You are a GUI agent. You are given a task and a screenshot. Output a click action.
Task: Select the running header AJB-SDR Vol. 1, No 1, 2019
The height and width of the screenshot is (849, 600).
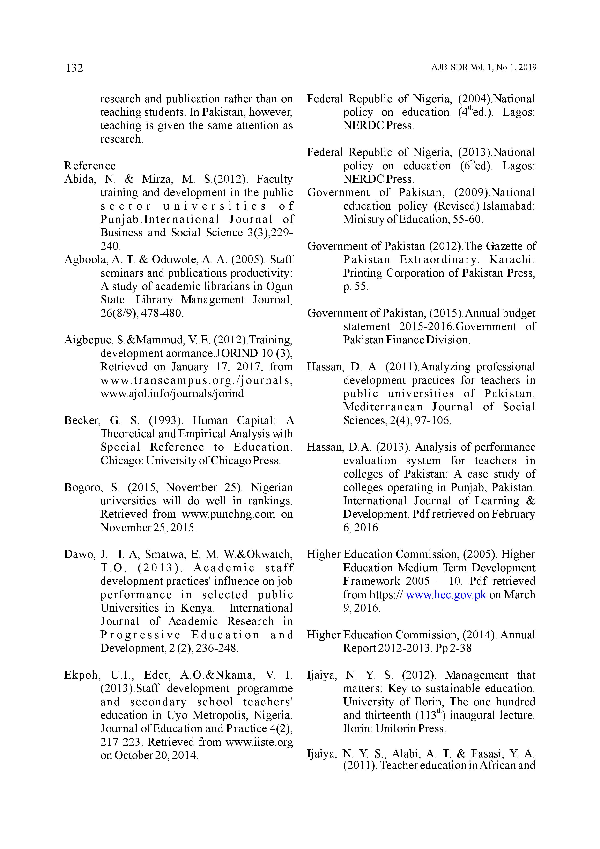click(484, 68)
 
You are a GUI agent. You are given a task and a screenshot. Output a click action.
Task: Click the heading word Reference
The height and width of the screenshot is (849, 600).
click(90, 166)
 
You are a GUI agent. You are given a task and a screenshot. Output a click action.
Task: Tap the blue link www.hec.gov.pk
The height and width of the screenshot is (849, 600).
click(446, 595)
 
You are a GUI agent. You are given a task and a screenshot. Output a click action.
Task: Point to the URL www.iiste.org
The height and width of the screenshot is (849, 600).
click(259, 742)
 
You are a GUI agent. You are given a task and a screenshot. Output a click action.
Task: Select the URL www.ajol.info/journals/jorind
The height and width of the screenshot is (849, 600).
click(172, 394)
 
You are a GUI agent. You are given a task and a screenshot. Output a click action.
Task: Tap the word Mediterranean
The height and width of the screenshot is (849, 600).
click(383, 407)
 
